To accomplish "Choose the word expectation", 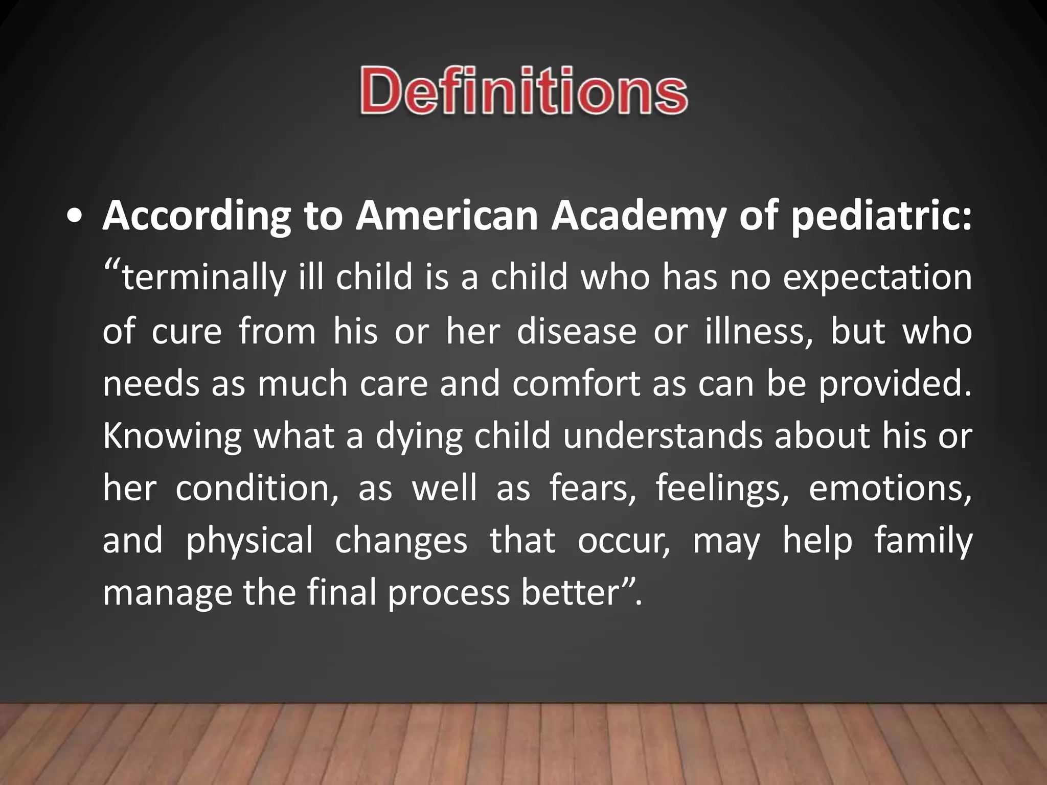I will [x=877, y=277].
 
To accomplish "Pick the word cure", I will [x=187, y=331].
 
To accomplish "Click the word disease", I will [x=576, y=331].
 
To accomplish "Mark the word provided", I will [x=895, y=383].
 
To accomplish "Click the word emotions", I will [x=890, y=489].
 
